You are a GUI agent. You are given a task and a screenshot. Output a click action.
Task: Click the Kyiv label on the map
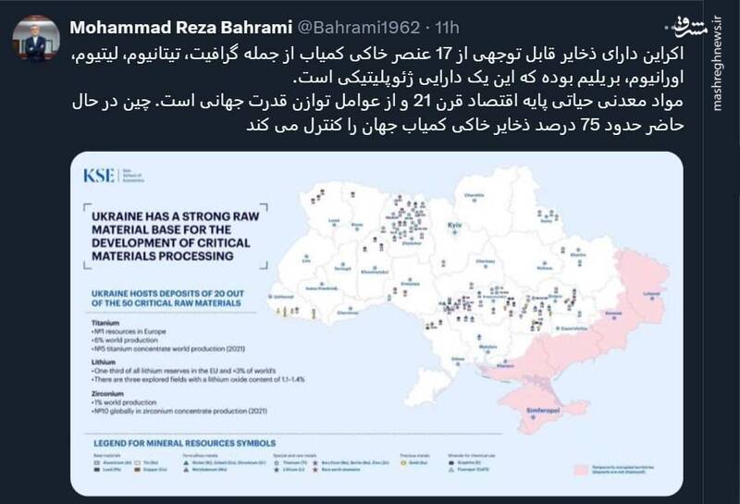click(x=453, y=226)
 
